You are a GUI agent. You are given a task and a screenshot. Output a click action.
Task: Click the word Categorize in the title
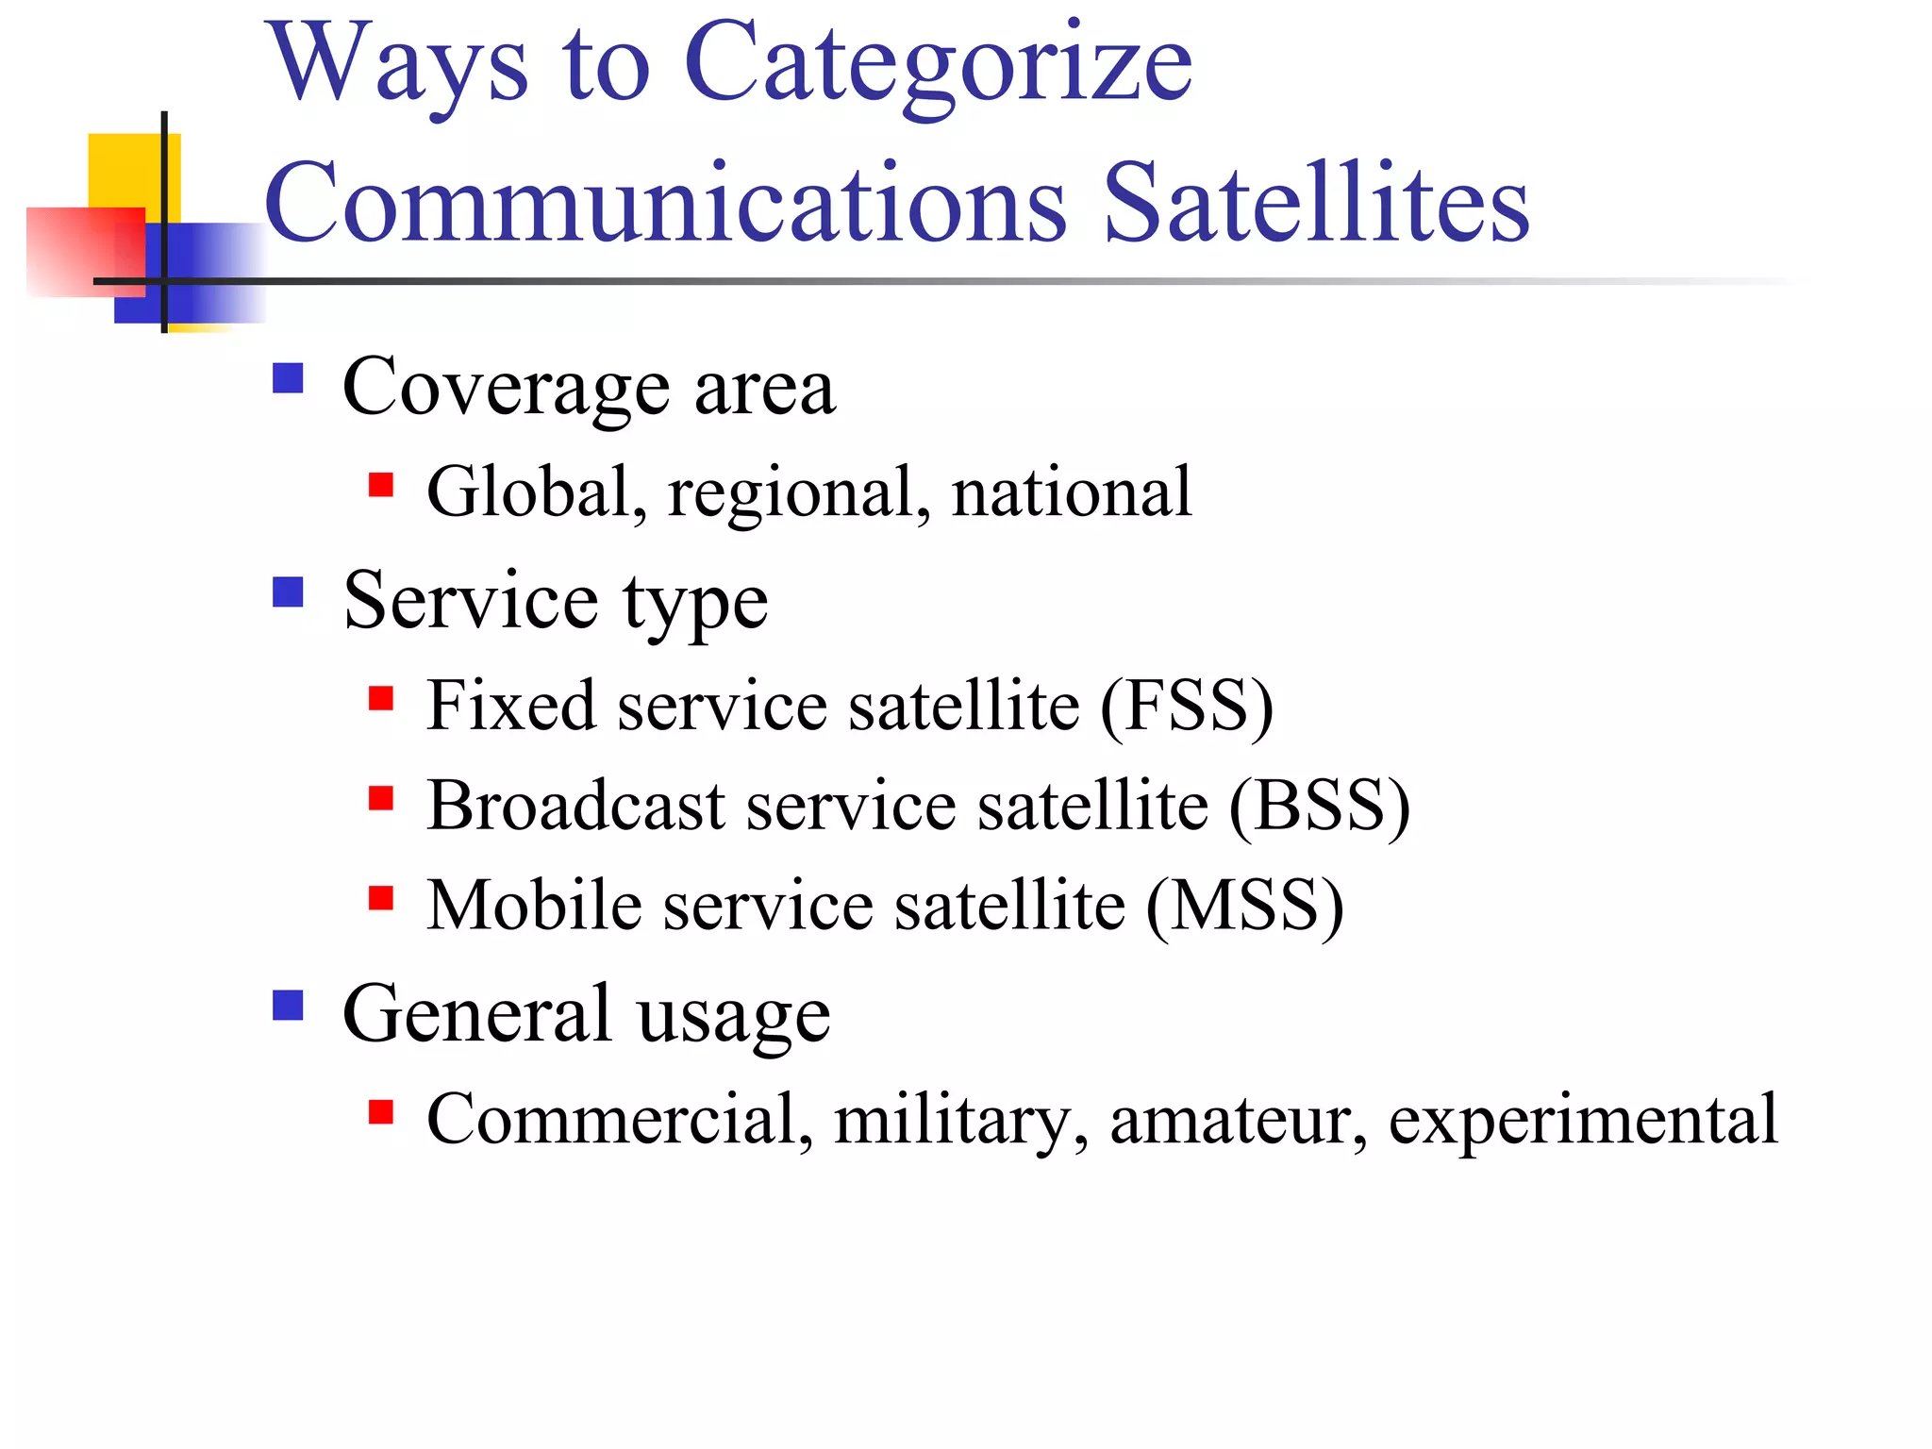click(938, 64)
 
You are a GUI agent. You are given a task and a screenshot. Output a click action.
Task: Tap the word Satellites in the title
click(1316, 203)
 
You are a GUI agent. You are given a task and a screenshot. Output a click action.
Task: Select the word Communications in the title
click(665, 203)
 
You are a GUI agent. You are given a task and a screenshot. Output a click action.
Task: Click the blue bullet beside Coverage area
click(288, 378)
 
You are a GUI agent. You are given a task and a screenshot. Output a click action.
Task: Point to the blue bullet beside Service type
click(288, 592)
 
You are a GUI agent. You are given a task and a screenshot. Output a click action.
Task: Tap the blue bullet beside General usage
click(288, 1005)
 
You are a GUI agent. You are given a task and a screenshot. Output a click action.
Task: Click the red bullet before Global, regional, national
click(381, 485)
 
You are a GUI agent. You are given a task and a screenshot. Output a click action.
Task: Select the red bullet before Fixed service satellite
click(381, 698)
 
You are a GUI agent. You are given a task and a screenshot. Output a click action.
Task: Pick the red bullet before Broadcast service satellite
click(381, 798)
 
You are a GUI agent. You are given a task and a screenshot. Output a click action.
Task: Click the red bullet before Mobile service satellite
click(381, 897)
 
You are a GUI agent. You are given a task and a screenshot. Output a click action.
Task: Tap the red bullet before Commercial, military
click(381, 1112)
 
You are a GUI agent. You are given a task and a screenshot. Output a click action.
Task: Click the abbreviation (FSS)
click(1187, 706)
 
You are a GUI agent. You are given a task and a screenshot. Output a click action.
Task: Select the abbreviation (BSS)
click(1319, 806)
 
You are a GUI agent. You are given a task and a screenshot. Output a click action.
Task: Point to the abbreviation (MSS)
click(1245, 906)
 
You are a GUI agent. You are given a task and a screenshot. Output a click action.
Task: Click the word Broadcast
click(575, 806)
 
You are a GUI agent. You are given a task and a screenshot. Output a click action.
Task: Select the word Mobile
click(534, 906)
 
